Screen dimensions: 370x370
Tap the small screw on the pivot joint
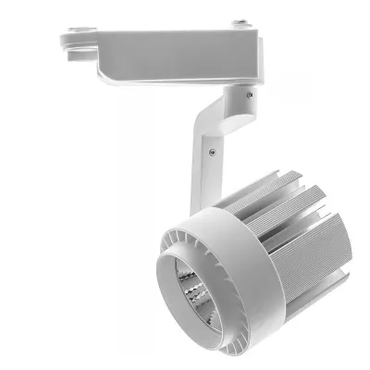[248, 92]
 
